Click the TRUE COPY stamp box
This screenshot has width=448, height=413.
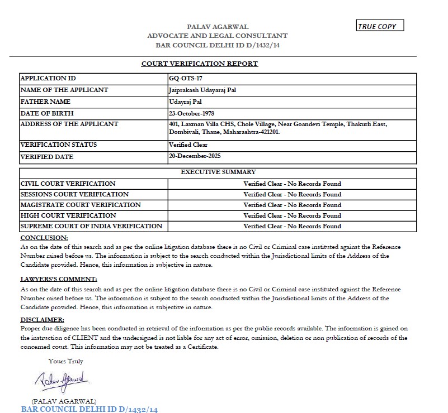[x=380, y=26]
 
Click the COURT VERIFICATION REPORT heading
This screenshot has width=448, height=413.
[x=200, y=64]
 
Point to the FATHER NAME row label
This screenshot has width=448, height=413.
[x=45, y=102]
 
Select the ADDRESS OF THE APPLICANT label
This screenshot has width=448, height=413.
[x=69, y=124]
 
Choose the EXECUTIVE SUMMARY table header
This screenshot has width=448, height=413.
[x=218, y=172]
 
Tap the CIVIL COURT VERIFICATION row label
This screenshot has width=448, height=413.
[x=68, y=184]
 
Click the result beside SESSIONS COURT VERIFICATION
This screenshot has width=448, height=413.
[x=292, y=194]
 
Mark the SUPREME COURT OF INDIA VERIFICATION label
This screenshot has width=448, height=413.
[x=91, y=226]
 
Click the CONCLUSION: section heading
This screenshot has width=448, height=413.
[x=44, y=238]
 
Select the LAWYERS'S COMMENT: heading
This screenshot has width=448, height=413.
[x=59, y=278]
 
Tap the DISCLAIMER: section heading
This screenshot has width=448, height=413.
[x=43, y=320]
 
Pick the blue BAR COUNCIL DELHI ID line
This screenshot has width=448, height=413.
[x=89, y=409]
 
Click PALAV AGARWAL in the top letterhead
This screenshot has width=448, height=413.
[x=218, y=27]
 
